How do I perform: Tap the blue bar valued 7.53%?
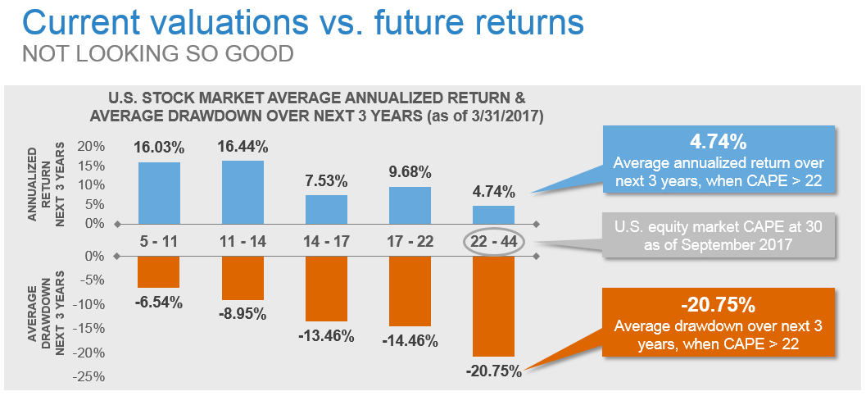click(327, 208)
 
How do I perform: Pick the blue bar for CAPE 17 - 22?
click(410, 204)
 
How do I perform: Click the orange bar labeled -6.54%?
click(159, 271)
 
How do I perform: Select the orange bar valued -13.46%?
click(327, 288)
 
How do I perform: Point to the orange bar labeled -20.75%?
click(494, 305)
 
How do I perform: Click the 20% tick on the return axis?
click(93, 147)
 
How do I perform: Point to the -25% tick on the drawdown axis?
click(91, 377)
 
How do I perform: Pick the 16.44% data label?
click(243, 147)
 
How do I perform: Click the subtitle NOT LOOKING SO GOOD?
click(158, 55)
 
